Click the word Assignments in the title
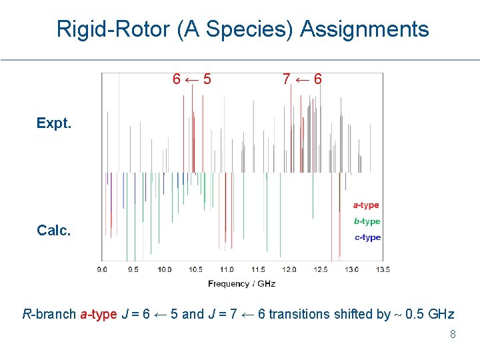click(365, 29)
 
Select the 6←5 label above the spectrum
click(192, 79)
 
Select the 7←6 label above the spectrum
click(302, 79)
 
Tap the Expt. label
click(54, 123)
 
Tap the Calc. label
click(54, 230)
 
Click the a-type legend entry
click(366, 205)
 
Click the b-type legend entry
click(367, 221)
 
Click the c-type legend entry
click(367, 237)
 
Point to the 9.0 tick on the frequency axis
click(102, 269)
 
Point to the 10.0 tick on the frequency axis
click(165, 269)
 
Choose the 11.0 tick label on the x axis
click(227, 269)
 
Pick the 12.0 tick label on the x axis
click(289, 269)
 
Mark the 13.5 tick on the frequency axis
click(383, 269)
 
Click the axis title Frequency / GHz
click(241, 283)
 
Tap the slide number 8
click(453, 335)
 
